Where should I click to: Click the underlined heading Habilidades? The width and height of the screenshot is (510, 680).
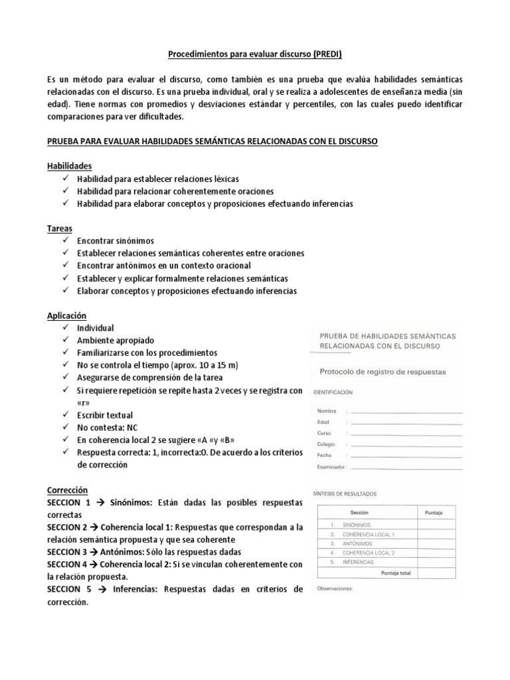click(69, 165)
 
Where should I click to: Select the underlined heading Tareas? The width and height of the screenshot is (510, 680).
click(60, 228)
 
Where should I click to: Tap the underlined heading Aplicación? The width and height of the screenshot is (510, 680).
click(67, 315)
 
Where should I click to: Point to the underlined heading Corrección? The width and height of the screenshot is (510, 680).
click(68, 489)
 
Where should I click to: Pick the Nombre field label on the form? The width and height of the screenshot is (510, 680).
click(328, 411)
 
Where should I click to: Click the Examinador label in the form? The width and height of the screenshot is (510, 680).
click(332, 467)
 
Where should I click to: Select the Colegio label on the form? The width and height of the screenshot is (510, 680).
click(327, 444)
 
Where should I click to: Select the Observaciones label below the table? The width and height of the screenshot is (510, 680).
click(335, 588)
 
